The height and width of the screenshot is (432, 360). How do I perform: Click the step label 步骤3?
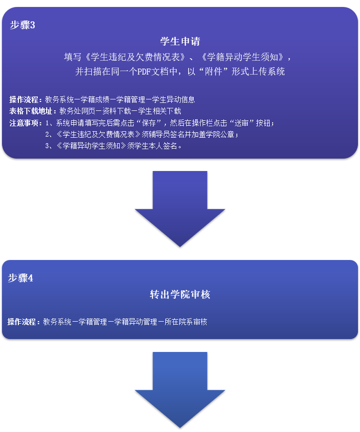(22, 25)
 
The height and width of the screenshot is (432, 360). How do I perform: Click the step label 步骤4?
(20, 278)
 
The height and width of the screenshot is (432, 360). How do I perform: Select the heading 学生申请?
(180, 41)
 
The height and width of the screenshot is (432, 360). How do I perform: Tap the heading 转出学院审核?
(180, 295)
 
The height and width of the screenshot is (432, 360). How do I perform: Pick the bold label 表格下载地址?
(32, 111)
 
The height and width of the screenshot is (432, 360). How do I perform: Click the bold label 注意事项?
(25, 123)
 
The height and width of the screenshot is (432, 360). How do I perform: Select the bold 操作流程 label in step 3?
(25, 99)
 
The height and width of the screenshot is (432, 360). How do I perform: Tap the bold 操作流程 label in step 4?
(23, 322)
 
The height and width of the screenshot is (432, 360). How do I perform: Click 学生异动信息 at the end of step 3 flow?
(174, 99)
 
